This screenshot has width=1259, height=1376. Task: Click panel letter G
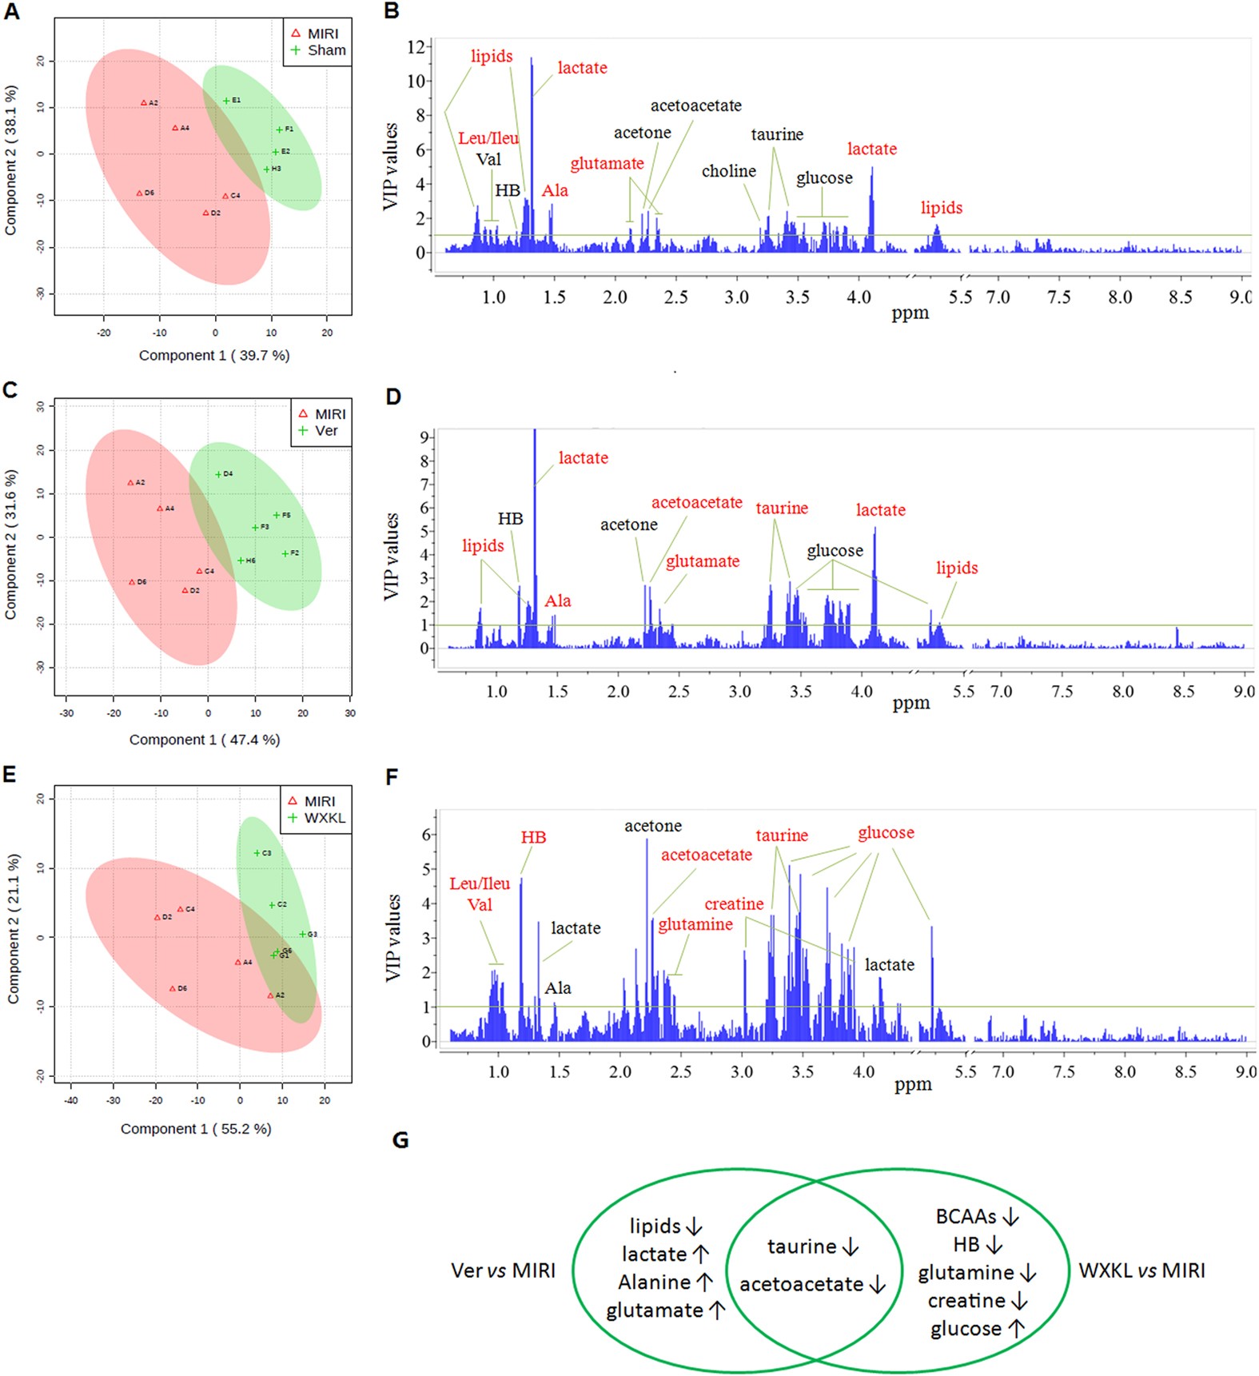pyautogui.click(x=400, y=1139)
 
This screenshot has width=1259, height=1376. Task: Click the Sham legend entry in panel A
pyautogui.click(x=318, y=50)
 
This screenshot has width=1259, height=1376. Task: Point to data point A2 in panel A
pyautogui.click(x=144, y=103)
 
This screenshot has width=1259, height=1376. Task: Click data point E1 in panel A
pyautogui.click(x=226, y=101)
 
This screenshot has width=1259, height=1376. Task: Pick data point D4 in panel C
pyautogui.click(x=218, y=475)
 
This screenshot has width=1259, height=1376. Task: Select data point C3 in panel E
pyautogui.click(x=257, y=853)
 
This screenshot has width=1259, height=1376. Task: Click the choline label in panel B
pyautogui.click(x=728, y=171)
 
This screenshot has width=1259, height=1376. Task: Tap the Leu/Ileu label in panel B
pyautogui.click(x=488, y=138)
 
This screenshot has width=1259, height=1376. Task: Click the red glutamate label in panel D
pyautogui.click(x=702, y=561)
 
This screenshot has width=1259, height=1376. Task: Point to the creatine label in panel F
pyautogui.click(x=733, y=904)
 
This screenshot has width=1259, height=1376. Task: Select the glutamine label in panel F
pyautogui.click(x=695, y=925)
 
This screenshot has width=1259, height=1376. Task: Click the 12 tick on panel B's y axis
pyautogui.click(x=416, y=46)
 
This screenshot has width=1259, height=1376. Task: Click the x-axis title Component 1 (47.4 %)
pyautogui.click(x=205, y=740)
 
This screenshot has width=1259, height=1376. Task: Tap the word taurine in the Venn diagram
pyautogui.click(x=802, y=1246)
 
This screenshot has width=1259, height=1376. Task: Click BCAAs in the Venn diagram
pyautogui.click(x=966, y=1217)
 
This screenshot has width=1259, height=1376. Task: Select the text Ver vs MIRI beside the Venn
pyautogui.click(x=503, y=1270)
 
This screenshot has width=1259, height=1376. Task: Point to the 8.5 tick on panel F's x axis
pyautogui.click(x=1185, y=1071)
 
